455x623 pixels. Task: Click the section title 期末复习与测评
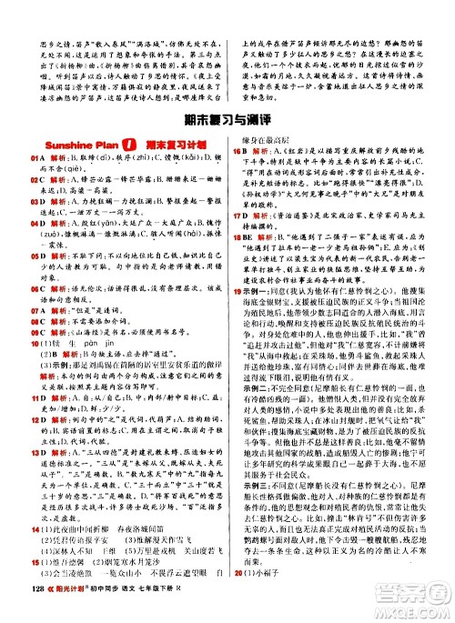227,118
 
